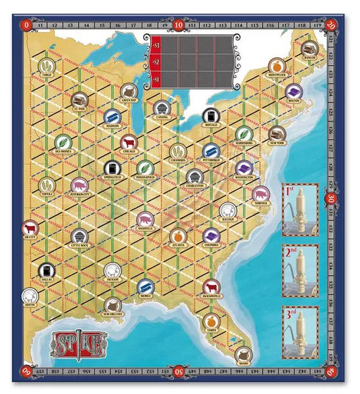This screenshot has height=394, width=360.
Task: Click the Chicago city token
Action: (x=128, y=142)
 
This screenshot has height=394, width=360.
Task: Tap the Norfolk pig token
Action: (x=260, y=194)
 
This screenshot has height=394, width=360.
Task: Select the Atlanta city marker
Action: (x=176, y=235)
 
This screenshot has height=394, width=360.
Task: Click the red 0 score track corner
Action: (x=26, y=24)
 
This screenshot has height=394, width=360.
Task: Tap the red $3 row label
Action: (x=154, y=45)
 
